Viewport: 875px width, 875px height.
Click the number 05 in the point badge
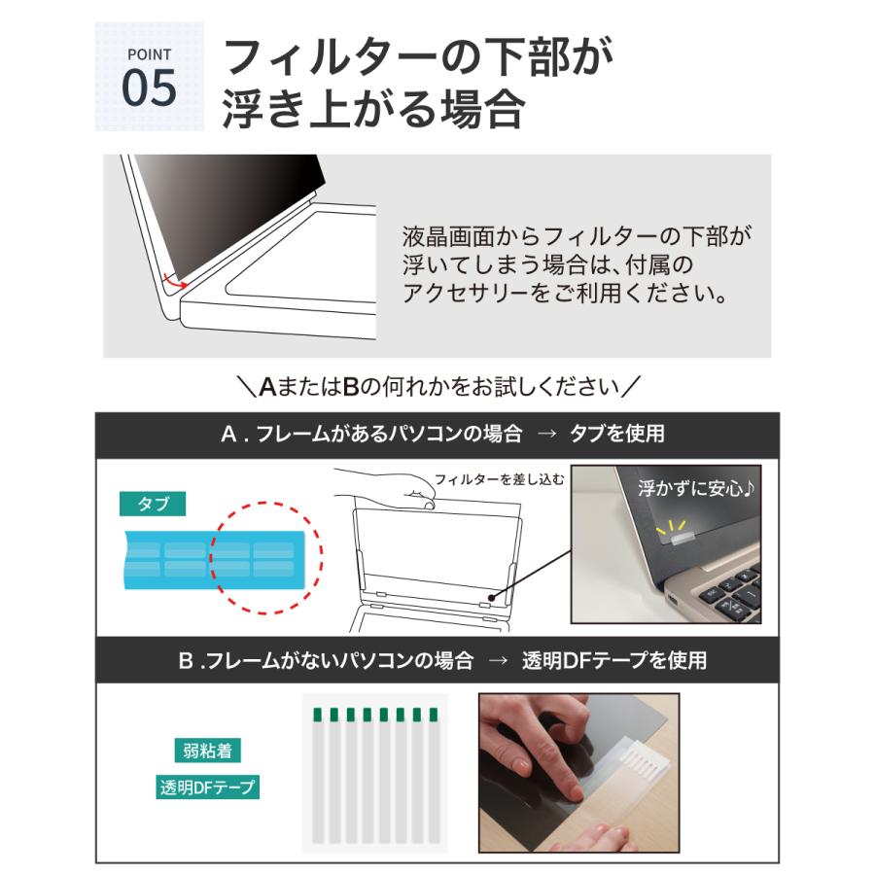coord(149,87)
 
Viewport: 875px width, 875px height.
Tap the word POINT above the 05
coord(149,54)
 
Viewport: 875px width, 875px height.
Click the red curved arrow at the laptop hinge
coord(176,283)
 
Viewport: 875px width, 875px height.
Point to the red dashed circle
coord(266,558)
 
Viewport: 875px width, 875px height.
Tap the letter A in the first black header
coord(228,435)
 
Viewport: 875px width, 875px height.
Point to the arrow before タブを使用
coord(546,435)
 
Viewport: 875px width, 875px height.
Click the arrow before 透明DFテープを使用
coord(498,661)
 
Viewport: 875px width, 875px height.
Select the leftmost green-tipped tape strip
coord(317,773)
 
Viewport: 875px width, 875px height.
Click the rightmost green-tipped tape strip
coord(433,773)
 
